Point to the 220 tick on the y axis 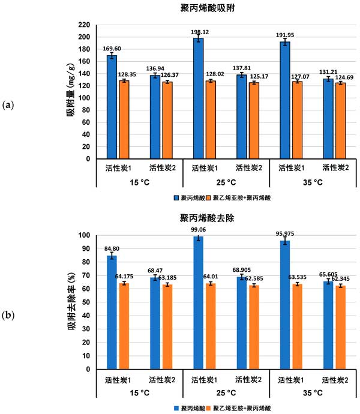click(x=84, y=25)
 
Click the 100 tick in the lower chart click(x=84, y=235)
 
